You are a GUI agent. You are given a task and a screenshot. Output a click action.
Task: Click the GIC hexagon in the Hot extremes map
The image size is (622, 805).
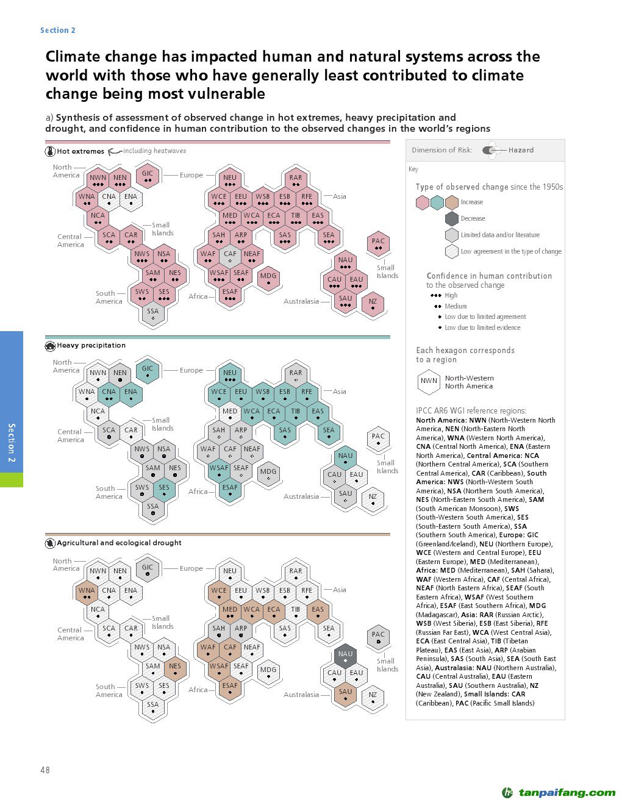pos(148,176)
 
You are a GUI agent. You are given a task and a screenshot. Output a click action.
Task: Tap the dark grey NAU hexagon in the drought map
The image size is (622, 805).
pos(346,656)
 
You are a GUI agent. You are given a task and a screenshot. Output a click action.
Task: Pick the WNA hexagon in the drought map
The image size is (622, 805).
pos(87,593)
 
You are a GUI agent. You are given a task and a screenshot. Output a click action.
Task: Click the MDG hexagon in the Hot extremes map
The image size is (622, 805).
pos(268,278)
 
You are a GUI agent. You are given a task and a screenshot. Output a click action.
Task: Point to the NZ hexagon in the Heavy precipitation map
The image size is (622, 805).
pos(373,499)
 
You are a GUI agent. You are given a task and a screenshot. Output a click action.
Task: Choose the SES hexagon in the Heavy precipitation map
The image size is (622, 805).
pos(164,490)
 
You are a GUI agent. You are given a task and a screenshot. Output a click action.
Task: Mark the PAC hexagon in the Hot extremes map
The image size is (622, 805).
pos(378,243)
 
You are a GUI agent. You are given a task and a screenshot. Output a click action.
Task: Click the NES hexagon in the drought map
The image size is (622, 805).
pos(175,668)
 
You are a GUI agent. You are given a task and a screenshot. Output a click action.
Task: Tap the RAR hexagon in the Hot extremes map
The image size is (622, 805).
pos(296,180)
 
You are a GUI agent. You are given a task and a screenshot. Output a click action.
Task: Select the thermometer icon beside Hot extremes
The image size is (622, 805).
pos(50,151)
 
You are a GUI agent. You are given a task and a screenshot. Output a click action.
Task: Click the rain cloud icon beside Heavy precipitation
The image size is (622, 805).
pos(50,346)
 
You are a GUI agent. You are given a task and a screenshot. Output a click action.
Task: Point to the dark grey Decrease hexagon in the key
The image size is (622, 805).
pos(451,219)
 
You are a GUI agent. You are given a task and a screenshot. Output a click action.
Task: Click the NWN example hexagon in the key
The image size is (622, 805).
pos(429,382)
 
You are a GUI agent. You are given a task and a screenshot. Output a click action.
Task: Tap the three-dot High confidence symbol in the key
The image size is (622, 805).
pos(436,296)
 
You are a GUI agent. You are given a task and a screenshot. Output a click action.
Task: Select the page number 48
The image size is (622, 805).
pos(45,770)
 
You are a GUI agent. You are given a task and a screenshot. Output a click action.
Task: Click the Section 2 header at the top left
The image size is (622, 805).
pos(58,30)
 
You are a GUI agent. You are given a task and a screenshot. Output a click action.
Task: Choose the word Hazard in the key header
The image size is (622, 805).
pos(521,150)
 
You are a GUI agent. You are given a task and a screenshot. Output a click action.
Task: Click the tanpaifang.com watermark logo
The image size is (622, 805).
pos(559,793)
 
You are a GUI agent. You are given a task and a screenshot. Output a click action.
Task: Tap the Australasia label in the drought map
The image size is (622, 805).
pos(301,695)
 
